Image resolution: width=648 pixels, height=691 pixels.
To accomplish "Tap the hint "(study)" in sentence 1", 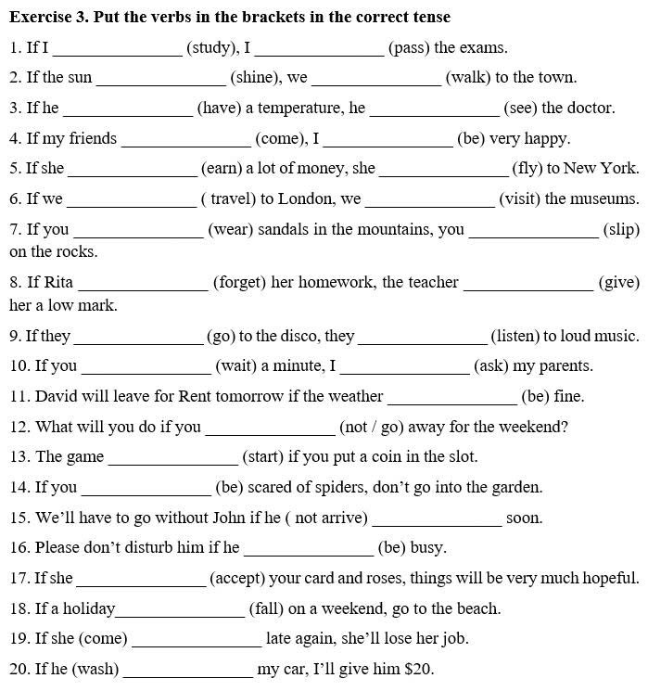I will [x=212, y=47].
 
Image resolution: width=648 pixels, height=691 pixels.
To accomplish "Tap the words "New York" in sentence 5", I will [x=601, y=169].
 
